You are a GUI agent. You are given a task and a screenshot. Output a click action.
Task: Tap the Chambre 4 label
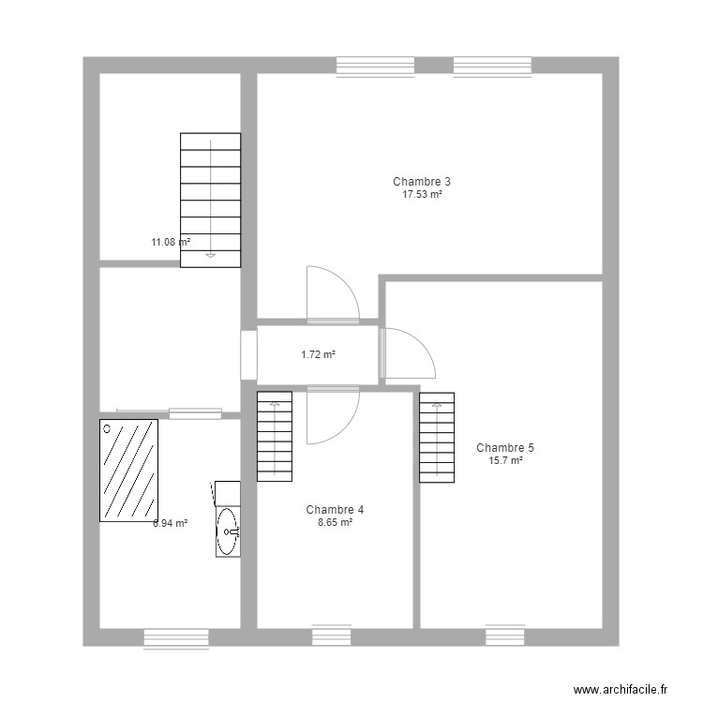[335, 510]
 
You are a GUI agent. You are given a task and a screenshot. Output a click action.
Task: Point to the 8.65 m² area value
[335, 523]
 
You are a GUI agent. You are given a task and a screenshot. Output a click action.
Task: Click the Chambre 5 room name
[505, 447]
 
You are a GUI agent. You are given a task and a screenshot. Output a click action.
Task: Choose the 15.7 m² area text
[505, 460]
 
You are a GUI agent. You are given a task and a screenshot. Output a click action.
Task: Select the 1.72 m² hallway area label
[318, 354]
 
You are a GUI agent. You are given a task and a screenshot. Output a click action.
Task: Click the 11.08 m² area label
[171, 242]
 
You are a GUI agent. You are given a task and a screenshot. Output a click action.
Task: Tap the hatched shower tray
[128, 471]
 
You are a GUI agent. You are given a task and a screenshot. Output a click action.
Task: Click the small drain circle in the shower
[108, 428]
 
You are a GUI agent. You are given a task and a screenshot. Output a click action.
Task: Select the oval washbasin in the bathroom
[227, 532]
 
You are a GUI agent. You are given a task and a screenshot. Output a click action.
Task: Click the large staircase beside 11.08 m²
[210, 200]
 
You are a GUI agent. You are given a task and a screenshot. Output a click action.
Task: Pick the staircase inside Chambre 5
[437, 437]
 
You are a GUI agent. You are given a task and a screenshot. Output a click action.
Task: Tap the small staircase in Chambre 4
[275, 436]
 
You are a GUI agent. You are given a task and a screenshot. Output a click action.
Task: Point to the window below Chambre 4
[331, 636]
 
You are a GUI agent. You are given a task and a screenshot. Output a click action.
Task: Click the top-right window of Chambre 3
[492, 65]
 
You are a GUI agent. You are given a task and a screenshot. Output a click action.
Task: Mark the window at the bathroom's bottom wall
[175, 637]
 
